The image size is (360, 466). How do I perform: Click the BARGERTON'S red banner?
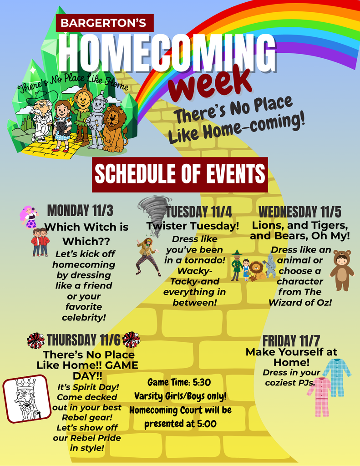(x=104, y=23)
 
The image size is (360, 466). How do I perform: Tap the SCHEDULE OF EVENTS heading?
(x=180, y=174)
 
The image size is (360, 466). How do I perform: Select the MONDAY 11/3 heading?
(x=80, y=211)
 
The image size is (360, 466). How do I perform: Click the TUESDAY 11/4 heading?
(x=199, y=212)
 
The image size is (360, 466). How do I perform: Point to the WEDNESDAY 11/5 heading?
(x=300, y=212)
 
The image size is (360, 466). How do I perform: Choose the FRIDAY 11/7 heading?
(x=291, y=340)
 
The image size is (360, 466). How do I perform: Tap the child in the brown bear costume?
(x=341, y=270)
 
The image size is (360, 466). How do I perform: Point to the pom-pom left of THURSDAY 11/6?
(x=35, y=340)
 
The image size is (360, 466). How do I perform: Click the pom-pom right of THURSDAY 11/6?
(x=131, y=339)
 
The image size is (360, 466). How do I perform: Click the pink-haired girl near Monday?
(x=29, y=216)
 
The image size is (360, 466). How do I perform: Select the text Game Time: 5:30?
(x=179, y=382)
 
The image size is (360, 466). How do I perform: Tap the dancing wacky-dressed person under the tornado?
(x=147, y=256)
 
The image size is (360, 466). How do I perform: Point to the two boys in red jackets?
(x=40, y=242)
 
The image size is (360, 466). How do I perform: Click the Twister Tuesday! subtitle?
(x=193, y=226)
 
